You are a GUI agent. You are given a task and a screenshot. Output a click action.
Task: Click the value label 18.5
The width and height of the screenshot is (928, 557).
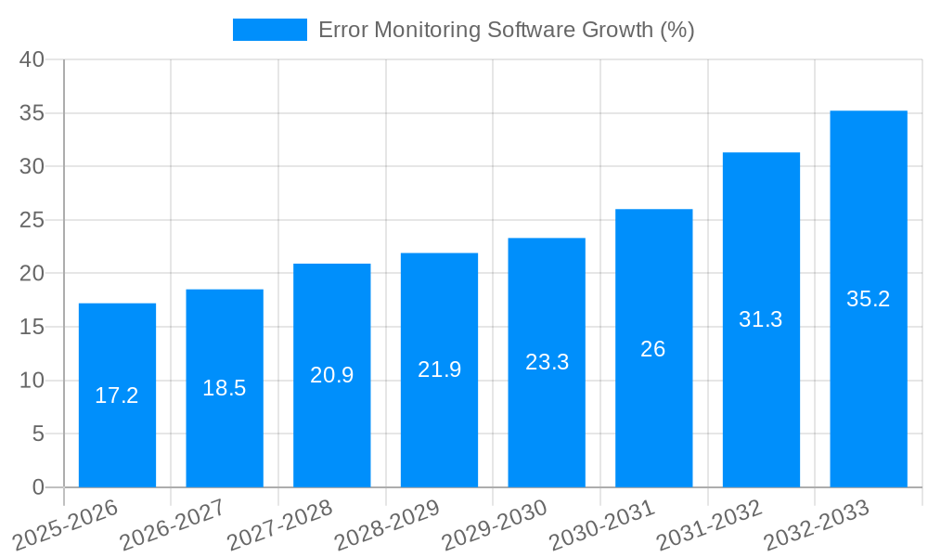225,388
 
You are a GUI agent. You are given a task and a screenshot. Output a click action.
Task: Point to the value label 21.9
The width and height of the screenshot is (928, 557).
440,369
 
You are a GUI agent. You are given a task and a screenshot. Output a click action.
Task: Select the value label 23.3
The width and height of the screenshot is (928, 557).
548,362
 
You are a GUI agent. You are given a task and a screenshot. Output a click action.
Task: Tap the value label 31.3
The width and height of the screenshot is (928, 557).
761,319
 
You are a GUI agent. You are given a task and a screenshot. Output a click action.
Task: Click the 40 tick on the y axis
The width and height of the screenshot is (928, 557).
32,59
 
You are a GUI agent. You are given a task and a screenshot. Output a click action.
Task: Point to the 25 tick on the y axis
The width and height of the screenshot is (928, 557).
32,220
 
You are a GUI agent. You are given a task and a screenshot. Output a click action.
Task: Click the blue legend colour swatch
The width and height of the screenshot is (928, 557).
269,30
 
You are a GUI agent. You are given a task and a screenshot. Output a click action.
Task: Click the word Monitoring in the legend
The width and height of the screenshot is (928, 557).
428,30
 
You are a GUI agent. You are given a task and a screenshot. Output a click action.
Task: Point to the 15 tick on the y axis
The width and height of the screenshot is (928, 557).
32,327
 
